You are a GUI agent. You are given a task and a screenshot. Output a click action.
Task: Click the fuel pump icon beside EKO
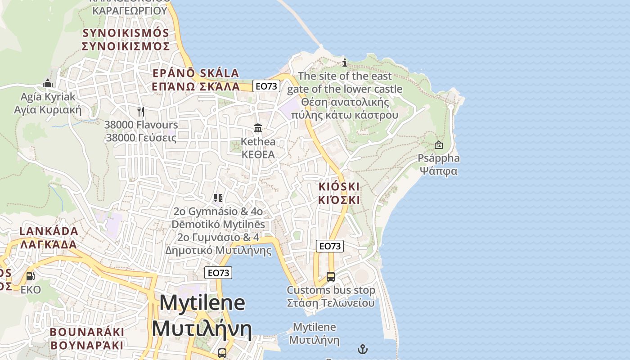30,276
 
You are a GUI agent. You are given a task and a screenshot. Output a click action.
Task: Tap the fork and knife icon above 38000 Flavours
141,111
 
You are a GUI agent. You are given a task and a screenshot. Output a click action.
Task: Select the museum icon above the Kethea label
258,128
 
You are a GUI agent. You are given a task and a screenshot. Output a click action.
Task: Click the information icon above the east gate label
345,63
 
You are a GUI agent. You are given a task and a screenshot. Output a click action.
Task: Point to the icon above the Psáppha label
438,145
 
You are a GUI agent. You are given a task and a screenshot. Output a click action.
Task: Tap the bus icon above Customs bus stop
331,276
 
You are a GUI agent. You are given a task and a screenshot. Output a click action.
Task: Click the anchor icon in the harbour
362,349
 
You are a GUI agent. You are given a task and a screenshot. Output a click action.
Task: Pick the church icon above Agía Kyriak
48,83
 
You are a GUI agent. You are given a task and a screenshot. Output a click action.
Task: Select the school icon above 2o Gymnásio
218,198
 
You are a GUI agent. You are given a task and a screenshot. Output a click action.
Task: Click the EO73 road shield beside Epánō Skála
266,86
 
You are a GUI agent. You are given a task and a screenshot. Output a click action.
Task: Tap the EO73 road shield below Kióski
330,246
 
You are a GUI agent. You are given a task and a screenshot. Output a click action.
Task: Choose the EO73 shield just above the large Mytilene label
218,273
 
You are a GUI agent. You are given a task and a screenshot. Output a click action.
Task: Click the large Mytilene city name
202,302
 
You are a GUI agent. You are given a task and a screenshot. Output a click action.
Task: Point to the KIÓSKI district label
339,186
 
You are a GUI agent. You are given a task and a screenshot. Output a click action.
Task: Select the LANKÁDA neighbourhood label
49,231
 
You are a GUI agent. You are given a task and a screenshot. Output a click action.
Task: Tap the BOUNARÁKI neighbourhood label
87,332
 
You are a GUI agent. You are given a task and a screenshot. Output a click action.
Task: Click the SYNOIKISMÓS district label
126,33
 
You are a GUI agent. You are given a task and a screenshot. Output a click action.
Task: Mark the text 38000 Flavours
141,125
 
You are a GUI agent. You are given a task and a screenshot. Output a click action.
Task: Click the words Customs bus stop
331,290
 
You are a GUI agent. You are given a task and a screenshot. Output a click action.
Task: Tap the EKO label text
31,290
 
